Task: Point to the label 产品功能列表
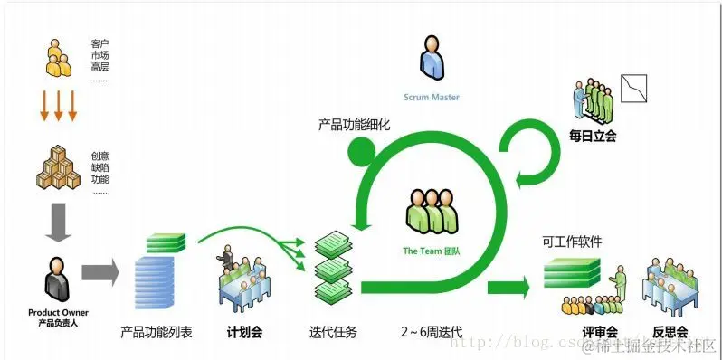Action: [x=156, y=332]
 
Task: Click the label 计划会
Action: [x=244, y=332]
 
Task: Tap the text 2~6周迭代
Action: [x=432, y=332]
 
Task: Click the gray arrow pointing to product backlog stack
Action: [x=100, y=271]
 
